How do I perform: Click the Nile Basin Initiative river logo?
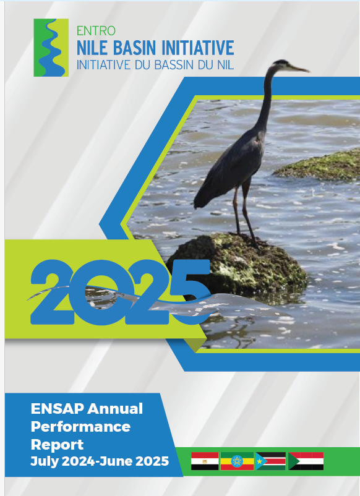tap(51, 48)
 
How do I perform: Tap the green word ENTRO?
tap(96, 31)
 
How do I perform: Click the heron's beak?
tap(299, 69)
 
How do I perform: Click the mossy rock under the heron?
tap(237, 263)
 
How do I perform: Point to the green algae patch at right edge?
tap(320, 165)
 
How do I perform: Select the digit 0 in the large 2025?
tap(101, 293)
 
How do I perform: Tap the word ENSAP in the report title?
tap(58, 408)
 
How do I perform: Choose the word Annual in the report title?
tap(115, 408)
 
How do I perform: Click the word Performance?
tap(80, 427)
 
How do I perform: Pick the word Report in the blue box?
tap(57, 445)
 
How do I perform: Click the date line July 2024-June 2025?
tap(100, 461)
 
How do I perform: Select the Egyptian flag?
tap(205, 461)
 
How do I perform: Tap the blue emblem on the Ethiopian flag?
tap(237, 461)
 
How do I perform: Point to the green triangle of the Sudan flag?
tap(293, 461)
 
